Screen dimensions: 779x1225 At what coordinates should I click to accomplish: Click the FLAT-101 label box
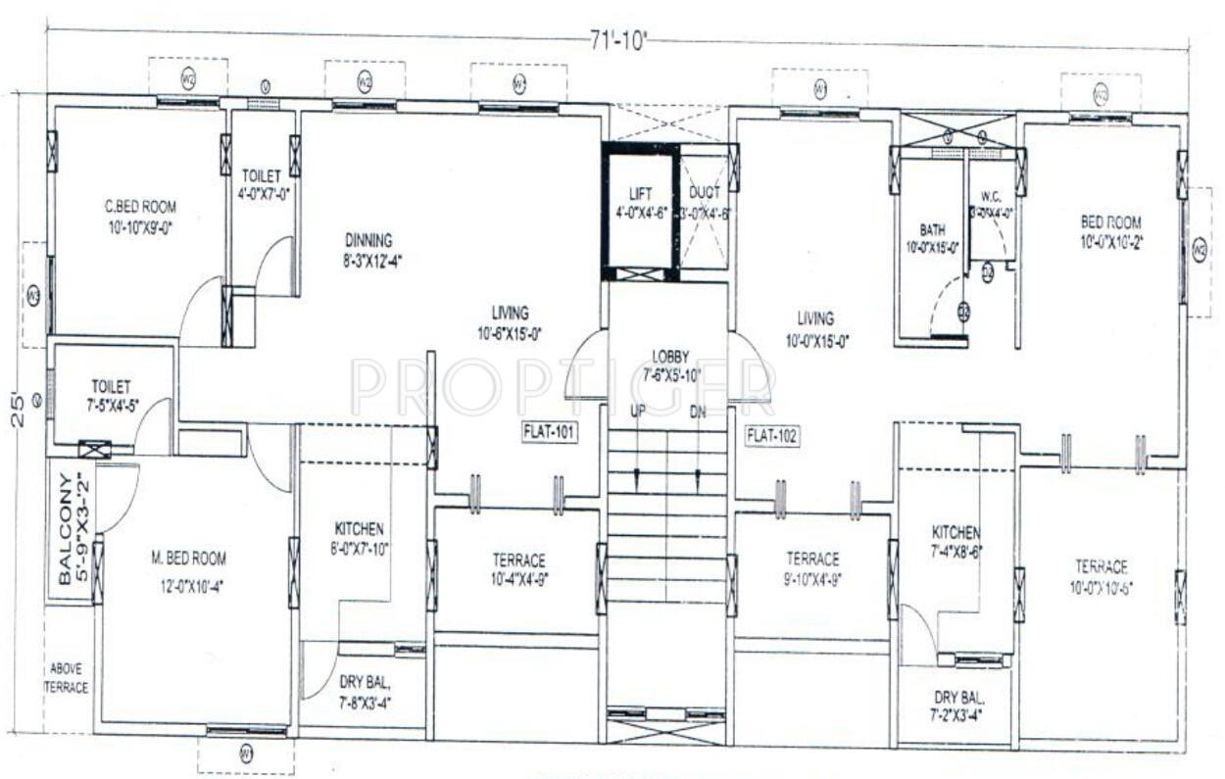[x=549, y=433]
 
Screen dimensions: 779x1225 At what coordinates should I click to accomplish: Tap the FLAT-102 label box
[x=772, y=437]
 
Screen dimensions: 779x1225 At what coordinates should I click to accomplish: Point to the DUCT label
[x=704, y=194]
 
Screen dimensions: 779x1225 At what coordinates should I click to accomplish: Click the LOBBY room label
[x=670, y=356]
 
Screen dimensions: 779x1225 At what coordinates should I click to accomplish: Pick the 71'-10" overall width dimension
[x=618, y=39]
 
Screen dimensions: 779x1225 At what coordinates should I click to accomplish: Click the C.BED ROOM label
[x=141, y=207]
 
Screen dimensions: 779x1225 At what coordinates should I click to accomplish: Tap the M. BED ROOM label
[x=188, y=559]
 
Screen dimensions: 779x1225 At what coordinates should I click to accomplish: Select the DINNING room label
[x=368, y=240]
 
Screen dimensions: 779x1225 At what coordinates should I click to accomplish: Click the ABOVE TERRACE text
[x=67, y=678]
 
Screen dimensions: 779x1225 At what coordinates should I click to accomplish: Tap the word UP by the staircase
[x=637, y=411]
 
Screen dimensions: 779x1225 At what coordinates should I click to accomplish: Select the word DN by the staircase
[x=698, y=411]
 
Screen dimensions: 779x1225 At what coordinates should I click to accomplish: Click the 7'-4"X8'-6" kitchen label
[x=956, y=551]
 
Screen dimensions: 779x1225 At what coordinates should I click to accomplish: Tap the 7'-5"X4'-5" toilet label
[x=111, y=406]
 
